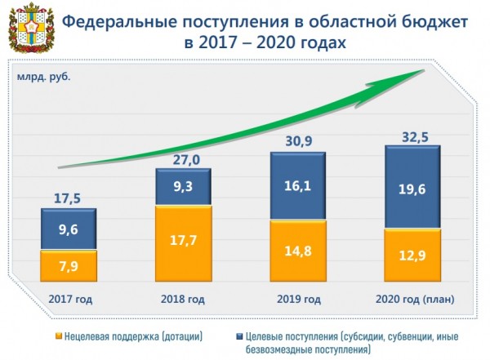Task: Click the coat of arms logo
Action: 27,29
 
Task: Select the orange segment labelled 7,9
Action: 68,264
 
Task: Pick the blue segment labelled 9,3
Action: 184,187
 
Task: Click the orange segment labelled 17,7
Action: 184,242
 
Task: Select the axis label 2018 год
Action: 184,298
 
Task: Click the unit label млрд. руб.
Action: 40,78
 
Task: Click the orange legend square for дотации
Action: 60,336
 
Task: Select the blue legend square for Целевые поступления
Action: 241,336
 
